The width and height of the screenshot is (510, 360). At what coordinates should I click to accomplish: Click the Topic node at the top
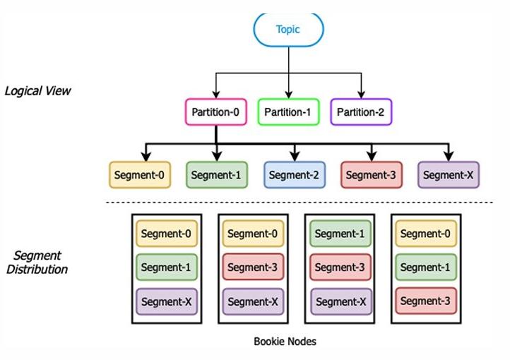pyautogui.click(x=288, y=30)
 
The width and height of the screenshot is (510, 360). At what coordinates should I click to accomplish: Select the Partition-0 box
pyautogui.click(x=216, y=112)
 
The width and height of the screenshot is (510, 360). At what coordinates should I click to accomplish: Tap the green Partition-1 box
pyautogui.click(x=288, y=112)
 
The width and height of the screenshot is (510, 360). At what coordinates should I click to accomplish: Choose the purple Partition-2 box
pyautogui.click(x=361, y=112)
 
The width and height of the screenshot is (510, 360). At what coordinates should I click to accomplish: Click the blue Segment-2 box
pyautogui.click(x=295, y=175)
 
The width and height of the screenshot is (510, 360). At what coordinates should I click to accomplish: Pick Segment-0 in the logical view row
pyautogui.click(x=140, y=175)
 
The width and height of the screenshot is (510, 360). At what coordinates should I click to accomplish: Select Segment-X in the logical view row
pyautogui.click(x=449, y=175)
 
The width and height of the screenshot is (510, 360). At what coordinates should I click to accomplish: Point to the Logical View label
pyautogui.click(x=37, y=91)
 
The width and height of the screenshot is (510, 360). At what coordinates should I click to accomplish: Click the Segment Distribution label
pyautogui.click(x=37, y=263)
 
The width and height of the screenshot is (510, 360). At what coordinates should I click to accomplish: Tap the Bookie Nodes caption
pyautogui.click(x=285, y=342)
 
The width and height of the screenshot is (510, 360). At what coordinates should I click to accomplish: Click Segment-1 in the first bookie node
pyautogui.click(x=167, y=267)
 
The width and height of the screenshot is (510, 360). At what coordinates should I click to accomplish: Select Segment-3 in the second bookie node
pyautogui.click(x=253, y=267)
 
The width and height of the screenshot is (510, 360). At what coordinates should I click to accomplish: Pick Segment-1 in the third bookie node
pyautogui.click(x=340, y=233)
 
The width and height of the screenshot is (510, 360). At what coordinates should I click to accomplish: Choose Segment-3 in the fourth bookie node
pyautogui.click(x=426, y=301)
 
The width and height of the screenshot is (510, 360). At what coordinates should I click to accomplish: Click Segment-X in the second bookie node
pyautogui.click(x=253, y=301)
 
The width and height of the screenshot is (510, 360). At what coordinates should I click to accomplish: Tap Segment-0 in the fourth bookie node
pyautogui.click(x=426, y=233)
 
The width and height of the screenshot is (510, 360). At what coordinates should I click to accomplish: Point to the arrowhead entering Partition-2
pyautogui.click(x=361, y=95)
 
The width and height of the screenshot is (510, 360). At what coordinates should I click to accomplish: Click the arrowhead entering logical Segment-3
pyautogui.click(x=372, y=156)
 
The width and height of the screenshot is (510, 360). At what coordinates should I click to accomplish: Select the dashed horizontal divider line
pyautogui.click(x=300, y=203)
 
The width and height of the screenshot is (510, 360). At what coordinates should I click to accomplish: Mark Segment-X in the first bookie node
pyautogui.click(x=167, y=301)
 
